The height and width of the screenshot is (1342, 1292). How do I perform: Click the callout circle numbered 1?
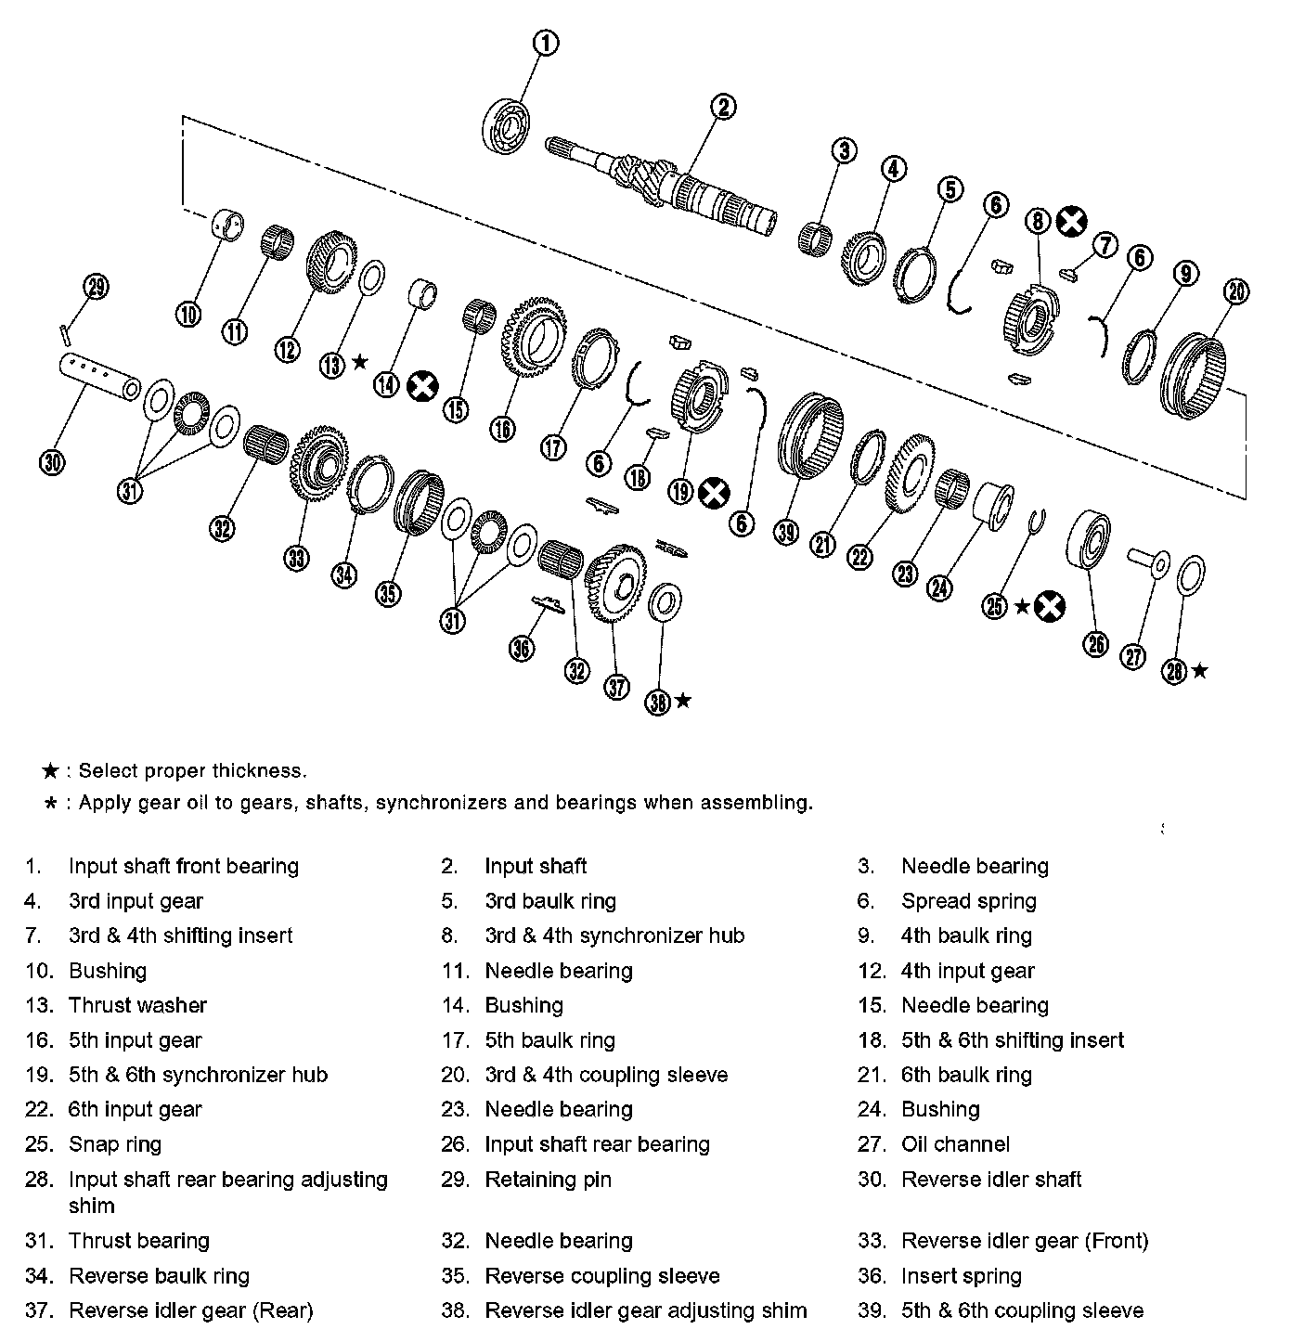tap(547, 43)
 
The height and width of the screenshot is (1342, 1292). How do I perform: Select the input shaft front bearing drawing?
tap(506, 124)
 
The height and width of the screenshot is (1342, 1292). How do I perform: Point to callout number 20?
tap(1236, 291)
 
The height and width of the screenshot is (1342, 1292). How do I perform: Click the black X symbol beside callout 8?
tap(1071, 221)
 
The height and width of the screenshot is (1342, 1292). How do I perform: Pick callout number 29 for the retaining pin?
tap(97, 287)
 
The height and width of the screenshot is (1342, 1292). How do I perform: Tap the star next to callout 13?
tap(360, 361)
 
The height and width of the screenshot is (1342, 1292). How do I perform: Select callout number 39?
tap(786, 531)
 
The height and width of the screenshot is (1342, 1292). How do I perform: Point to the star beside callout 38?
tap(683, 700)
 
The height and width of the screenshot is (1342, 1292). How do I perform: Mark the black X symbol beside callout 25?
tap(1050, 607)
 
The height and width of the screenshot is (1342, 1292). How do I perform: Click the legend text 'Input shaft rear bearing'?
tap(597, 1144)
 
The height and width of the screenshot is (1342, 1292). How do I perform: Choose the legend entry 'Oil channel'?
tap(955, 1144)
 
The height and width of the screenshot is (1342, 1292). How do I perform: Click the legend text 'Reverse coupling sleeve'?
tap(602, 1276)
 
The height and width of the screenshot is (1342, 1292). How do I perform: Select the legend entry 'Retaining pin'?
tap(548, 1180)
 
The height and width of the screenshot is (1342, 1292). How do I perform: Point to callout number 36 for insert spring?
tap(523, 648)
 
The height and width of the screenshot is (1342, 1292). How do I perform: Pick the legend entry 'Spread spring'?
tap(968, 901)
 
